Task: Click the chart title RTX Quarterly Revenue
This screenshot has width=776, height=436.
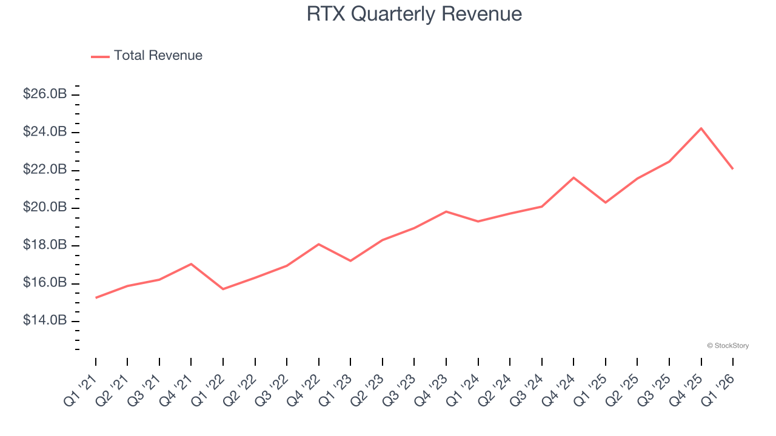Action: (414, 14)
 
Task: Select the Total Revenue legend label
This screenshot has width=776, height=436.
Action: (158, 56)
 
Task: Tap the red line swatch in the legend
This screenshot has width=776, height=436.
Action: (100, 56)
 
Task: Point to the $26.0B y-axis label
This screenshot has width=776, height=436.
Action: (45, 94)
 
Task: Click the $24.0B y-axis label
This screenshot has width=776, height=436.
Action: (45, 132)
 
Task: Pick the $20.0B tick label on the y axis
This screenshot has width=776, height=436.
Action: (45, 208)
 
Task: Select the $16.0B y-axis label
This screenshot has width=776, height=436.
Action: (45, 283)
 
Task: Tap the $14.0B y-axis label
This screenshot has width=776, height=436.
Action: (45, 320)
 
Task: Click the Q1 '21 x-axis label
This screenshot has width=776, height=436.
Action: (81, 389)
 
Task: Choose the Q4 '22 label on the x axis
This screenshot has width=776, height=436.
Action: (304, 389)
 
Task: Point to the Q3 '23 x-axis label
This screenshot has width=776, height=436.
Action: (400, 389)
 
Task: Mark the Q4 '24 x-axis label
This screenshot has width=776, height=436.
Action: (559, 389)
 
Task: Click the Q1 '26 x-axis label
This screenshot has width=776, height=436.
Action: (718, 389)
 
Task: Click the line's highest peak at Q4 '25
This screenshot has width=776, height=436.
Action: (701, 128)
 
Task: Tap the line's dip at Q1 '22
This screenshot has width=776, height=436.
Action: (223, 289)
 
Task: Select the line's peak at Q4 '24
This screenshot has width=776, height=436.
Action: (574, 177)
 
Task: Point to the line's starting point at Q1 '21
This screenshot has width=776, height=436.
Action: (96, 298)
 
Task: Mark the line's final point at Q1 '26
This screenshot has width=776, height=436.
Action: (733, 169)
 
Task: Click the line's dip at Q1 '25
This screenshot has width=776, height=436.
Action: (606, 202)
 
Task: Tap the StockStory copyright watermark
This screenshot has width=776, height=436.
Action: (727, 346)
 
